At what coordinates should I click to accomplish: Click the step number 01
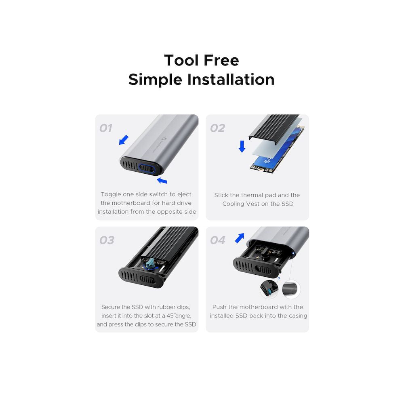point(106,128)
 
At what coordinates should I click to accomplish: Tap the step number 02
point(218,128)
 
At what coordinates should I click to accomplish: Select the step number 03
point(107,240)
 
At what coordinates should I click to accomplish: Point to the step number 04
point(218,240)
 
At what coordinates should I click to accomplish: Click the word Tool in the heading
point(181,60)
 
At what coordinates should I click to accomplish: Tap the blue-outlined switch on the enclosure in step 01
point(147,169)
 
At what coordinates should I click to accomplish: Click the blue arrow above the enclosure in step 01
point(124,140)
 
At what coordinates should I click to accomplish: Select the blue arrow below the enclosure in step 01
point(162,180)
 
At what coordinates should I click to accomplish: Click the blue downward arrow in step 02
point(242,146)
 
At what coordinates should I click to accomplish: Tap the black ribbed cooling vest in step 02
point(274,127)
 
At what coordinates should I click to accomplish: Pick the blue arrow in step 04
point(240,238)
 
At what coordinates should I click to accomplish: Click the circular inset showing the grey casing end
point(291,289)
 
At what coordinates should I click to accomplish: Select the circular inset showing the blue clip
point(269,289)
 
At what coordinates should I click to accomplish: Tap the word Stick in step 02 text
point(221,195)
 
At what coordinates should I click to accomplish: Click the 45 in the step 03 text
point(170,316)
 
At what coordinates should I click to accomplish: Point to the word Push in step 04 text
point(219,307)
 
